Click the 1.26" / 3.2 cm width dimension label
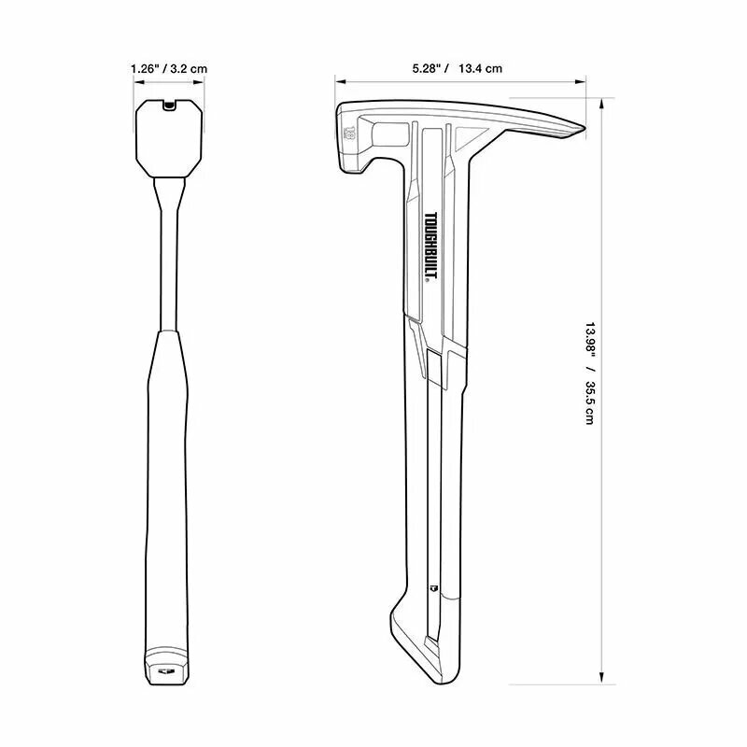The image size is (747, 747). tap(169, 68)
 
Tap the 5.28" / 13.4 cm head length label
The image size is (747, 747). tap(457, 68)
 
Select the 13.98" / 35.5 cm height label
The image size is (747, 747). tap(590, 373)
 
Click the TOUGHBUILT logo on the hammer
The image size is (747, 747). tap(431, 247)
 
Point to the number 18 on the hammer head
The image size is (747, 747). tap(349, 134)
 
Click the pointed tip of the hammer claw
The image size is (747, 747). tap(584, 128)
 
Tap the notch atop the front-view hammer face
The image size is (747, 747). tap(168, 105)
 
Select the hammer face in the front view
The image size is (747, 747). tap(169, 138)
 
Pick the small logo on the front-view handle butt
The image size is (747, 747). tap(166, 671)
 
